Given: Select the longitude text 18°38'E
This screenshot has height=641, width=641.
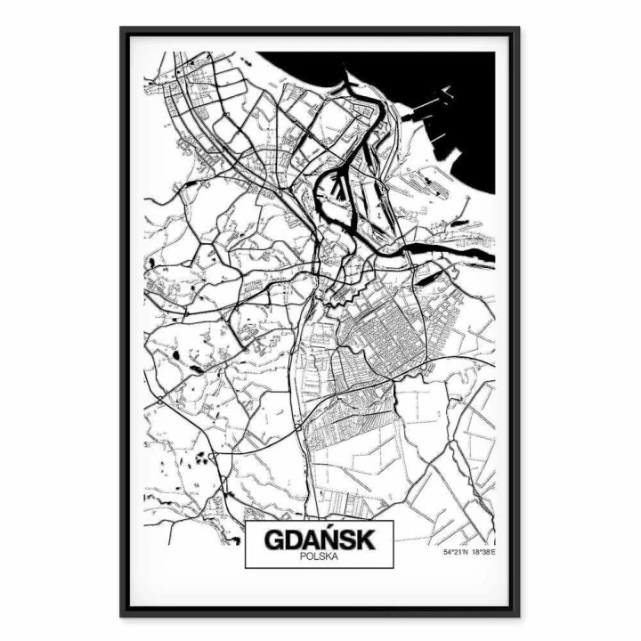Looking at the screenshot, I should pyautogui.click(x=482, y=553).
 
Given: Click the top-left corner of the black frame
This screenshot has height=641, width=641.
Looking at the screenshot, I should pyautogui.click(x=122, y=29).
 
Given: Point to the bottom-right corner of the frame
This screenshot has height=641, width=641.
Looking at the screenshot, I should pyautogui.click(x=518, y=614).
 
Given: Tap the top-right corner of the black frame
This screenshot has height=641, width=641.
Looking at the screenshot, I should pyautogui.click(x=518, y=29).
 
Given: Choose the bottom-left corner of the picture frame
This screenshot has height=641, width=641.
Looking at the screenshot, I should pyautogui.click(x=122, y=614).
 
